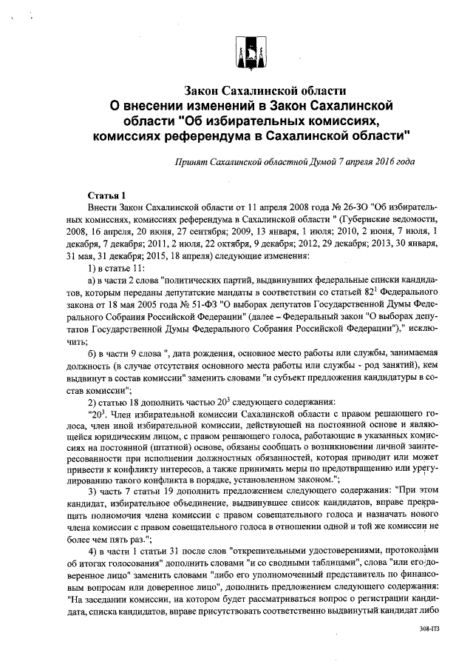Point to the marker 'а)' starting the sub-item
92,283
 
